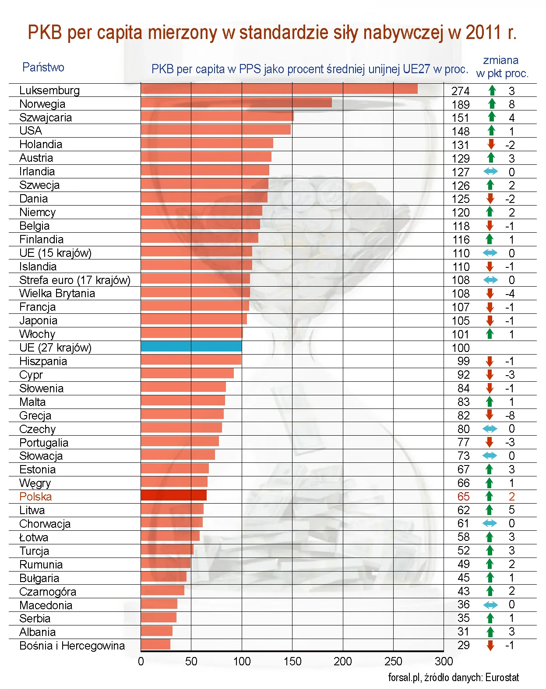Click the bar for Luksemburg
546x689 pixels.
coord(279,89)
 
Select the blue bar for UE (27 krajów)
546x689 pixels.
coord(191,346)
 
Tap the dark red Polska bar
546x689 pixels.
coord(173,495)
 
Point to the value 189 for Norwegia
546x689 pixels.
coord(460,104)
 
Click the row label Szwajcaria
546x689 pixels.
coord(46,117)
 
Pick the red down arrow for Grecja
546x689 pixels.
coord(490,415)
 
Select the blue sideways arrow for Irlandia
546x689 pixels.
coord(490,172)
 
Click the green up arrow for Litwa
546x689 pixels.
coord(490,510)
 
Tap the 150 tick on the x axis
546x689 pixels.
coord(292,661)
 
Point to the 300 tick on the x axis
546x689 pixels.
coord(444,661)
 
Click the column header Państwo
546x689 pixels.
coord(43,67)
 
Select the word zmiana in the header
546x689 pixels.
coord(500,60)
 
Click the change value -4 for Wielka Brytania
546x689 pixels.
coord(510,294)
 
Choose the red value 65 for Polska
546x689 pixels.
coord(463,497)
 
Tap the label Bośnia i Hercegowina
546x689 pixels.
coord(72,646)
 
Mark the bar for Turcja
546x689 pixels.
coord(167,550)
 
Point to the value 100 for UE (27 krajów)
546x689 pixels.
coord(460,348)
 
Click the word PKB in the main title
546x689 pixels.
coord(42,33)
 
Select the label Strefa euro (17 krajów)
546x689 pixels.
coord(74,280)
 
